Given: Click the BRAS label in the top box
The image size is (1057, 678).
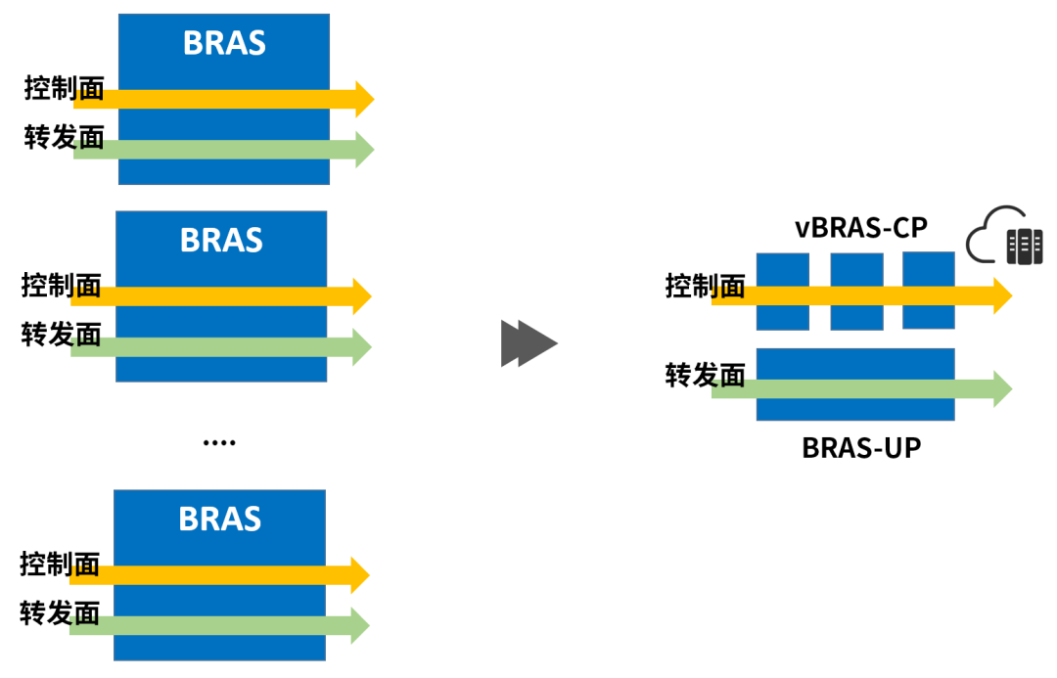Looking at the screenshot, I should pyautogui.click(x=224, y=43).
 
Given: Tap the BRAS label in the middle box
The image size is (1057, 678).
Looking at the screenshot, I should pyautogui.click(x=221, y=240).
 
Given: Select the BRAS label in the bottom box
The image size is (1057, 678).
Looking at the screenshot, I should pyautogui.click(x=219, y=518).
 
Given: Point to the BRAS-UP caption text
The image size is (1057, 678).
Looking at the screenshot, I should pyautogui.click(x=861, y=447).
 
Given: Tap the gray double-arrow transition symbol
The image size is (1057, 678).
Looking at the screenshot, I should pyautogui.click(x=528, y=343).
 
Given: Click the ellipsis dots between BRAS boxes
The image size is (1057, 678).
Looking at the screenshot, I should pyautogui.click(x=218, y=443).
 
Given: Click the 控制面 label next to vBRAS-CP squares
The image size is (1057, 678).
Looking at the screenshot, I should pyautogui.click(x=705, y=287).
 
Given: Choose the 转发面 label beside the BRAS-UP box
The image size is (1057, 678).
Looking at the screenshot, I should pyautogui.click(x=705, y=375).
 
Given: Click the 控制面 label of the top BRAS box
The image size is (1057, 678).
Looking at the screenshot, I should pyautogui.click(x=64, y=89).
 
